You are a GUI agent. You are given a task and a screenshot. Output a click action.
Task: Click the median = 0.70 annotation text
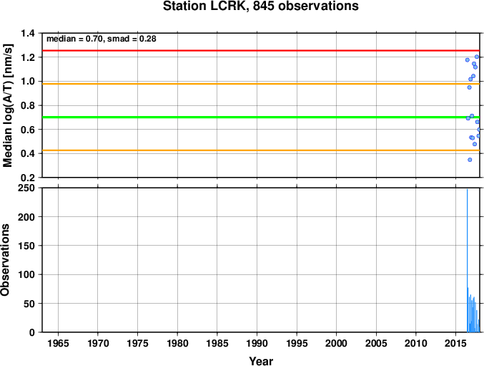[x=74, y=39]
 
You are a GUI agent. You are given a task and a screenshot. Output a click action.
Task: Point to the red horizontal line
[x=261, y=50]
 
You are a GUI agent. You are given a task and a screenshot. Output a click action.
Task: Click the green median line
[x=261, y=117]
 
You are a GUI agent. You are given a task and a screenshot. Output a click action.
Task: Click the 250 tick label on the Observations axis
[x=26, y=188]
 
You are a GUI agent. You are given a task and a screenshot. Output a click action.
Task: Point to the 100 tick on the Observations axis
[x=26, y=274]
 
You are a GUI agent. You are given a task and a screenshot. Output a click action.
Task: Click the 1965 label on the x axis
[x=58, y=343]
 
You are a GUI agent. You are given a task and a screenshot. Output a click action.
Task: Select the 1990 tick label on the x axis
[x=257, y=343]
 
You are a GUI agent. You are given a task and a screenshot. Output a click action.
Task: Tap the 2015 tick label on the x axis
[x=455, y=343]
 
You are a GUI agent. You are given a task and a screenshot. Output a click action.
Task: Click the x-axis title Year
[x=261, y=361]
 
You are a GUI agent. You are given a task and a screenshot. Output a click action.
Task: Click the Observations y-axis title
[x=5, y=260]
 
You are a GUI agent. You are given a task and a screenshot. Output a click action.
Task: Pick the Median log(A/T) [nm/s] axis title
[x=7, y=105]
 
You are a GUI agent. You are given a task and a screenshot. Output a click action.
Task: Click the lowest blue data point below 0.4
[x=470, y=160]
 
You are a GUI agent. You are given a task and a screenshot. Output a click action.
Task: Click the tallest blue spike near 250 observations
[x=468, y=261]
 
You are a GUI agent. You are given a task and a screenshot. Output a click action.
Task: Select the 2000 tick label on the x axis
[x=337, y=343]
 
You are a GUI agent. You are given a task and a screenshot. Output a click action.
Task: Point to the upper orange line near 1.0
[x=261, y=84]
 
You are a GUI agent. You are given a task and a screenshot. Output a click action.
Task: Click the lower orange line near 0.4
[x=261, y=150]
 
